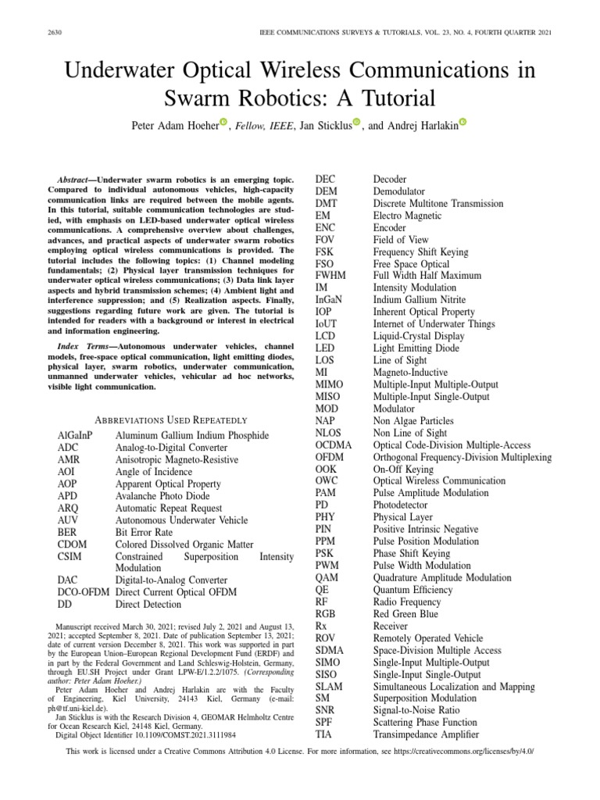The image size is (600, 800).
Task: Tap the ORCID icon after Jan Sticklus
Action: [x=357, y=122]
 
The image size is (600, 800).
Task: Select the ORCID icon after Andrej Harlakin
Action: [x=462, y=122]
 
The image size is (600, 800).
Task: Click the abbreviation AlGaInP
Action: [x=75, y=435]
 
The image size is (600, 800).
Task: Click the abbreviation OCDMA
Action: [x=334, y=445]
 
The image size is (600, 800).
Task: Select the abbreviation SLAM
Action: [x=329, y=687]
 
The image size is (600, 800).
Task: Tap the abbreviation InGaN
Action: [x=329, y=299]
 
